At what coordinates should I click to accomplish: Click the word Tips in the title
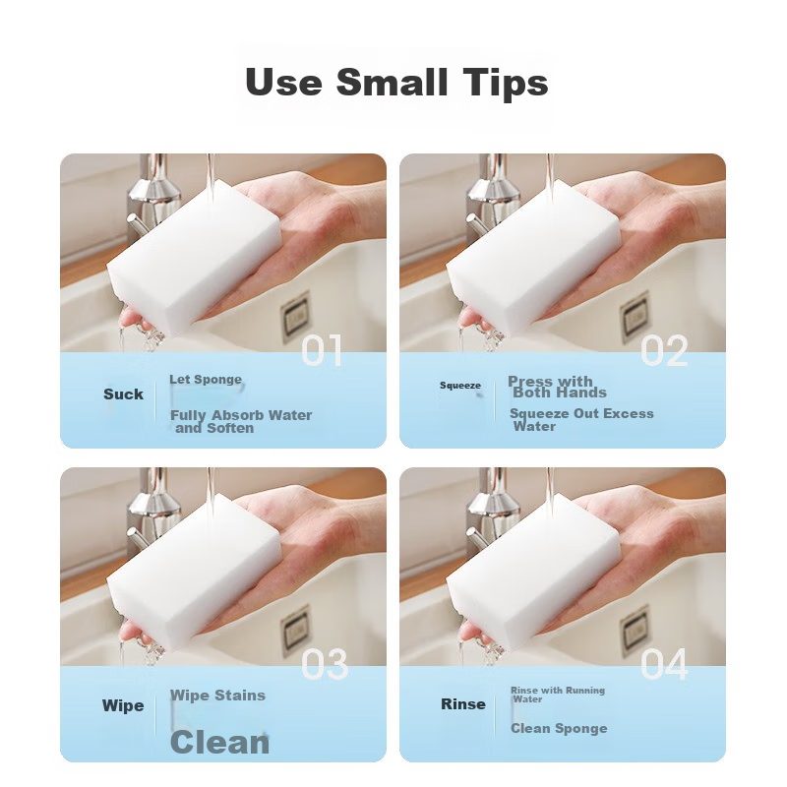506,83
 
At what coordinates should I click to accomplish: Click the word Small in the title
392,82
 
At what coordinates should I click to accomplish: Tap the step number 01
323,351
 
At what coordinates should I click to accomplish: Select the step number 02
664,351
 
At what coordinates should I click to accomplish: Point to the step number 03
325,665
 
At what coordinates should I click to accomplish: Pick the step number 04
663,663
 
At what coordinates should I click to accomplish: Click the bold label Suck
124,394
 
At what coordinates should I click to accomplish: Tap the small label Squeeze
460,386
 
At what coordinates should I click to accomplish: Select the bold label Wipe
123,705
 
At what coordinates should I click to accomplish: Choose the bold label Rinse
463,704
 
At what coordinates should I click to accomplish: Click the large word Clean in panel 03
219,743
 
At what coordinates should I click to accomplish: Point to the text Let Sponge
206,380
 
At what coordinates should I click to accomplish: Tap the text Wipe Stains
217,696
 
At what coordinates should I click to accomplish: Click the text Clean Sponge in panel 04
559,728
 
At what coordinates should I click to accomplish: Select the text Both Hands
560,393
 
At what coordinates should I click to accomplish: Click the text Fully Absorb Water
241,415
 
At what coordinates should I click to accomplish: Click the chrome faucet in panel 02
489,196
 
